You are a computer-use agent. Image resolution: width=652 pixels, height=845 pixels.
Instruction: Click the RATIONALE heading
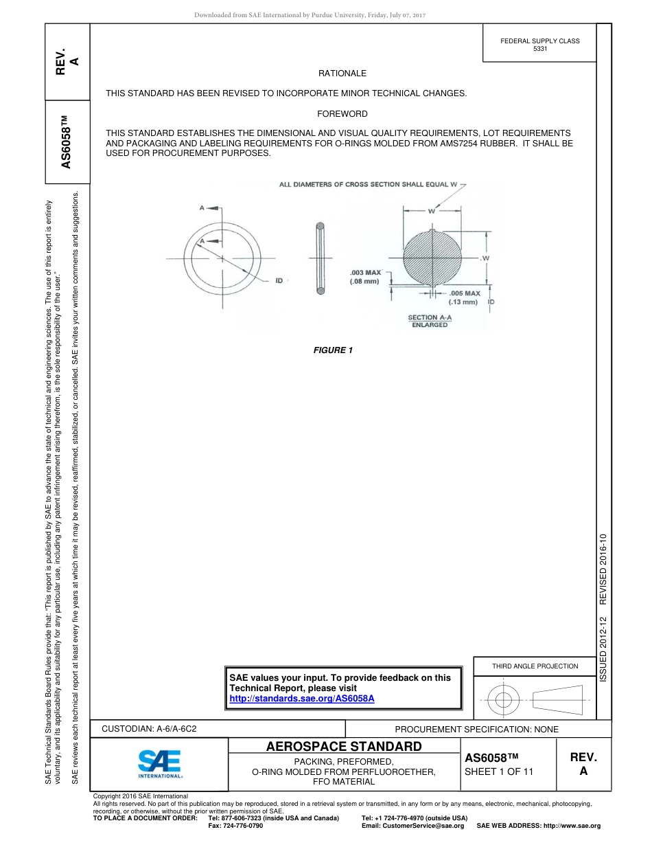tap(342, 73)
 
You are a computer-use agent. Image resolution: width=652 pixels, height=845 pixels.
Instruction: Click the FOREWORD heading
tap(342, 113)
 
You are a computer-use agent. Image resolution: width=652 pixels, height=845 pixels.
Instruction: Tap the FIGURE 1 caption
tap(333, 350)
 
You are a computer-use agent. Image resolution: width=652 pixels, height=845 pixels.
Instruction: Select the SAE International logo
tap(159, 763)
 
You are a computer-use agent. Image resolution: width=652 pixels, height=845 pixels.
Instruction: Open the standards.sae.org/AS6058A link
tap(301, 698)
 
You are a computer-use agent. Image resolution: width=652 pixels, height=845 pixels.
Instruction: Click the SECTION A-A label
tap(430, 317)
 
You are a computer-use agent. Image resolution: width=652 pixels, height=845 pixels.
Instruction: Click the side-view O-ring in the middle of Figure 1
tap(320, 259)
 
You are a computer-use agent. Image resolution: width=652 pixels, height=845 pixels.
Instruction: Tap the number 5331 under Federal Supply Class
tap(540, 49)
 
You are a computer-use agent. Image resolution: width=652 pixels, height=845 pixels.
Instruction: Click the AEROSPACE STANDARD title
tap(343, 746)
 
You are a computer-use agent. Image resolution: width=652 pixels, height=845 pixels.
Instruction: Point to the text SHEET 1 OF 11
tap(499, 771)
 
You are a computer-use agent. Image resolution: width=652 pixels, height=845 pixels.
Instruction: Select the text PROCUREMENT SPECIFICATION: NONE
tap(476, 729)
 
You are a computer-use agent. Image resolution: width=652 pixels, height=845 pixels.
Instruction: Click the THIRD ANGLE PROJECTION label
tap(535, 666)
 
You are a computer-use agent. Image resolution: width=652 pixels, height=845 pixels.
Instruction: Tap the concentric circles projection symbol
tap(504, 700)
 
